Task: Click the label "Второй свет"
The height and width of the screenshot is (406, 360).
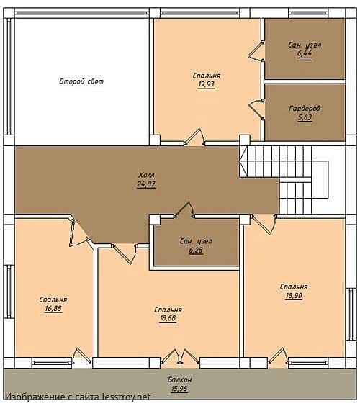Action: (x=81, y=81)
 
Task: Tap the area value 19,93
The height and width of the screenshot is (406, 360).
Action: (x=207, y=84)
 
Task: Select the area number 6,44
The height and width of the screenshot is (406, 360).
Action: (x=305, y=53)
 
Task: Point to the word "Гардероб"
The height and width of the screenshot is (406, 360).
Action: (x=305, y=109)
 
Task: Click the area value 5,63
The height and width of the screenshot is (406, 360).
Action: (x=305, y=118)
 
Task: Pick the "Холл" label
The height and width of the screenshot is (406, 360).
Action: (x=146, y=176)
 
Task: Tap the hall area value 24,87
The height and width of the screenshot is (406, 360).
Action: (x=146, y=184)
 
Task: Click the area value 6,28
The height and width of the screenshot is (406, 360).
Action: (x=196, y=251)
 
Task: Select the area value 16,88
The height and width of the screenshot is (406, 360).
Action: (x=53, y=309)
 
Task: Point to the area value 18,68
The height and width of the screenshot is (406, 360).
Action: (x=168, y=318)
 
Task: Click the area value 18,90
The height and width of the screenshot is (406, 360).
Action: (x=294, y=296)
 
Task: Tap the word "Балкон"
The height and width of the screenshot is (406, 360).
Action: (x=179, y=380)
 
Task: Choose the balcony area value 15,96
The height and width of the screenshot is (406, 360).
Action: (x=179, y=389)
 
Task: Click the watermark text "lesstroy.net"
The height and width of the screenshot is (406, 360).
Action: (x=126, y=397)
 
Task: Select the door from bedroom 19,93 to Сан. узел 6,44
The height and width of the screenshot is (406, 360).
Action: (x=256, y=50)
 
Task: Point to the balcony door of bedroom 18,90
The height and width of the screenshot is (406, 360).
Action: (x=277, y=356)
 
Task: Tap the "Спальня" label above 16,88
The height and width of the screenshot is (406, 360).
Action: (x=53, y=300)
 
